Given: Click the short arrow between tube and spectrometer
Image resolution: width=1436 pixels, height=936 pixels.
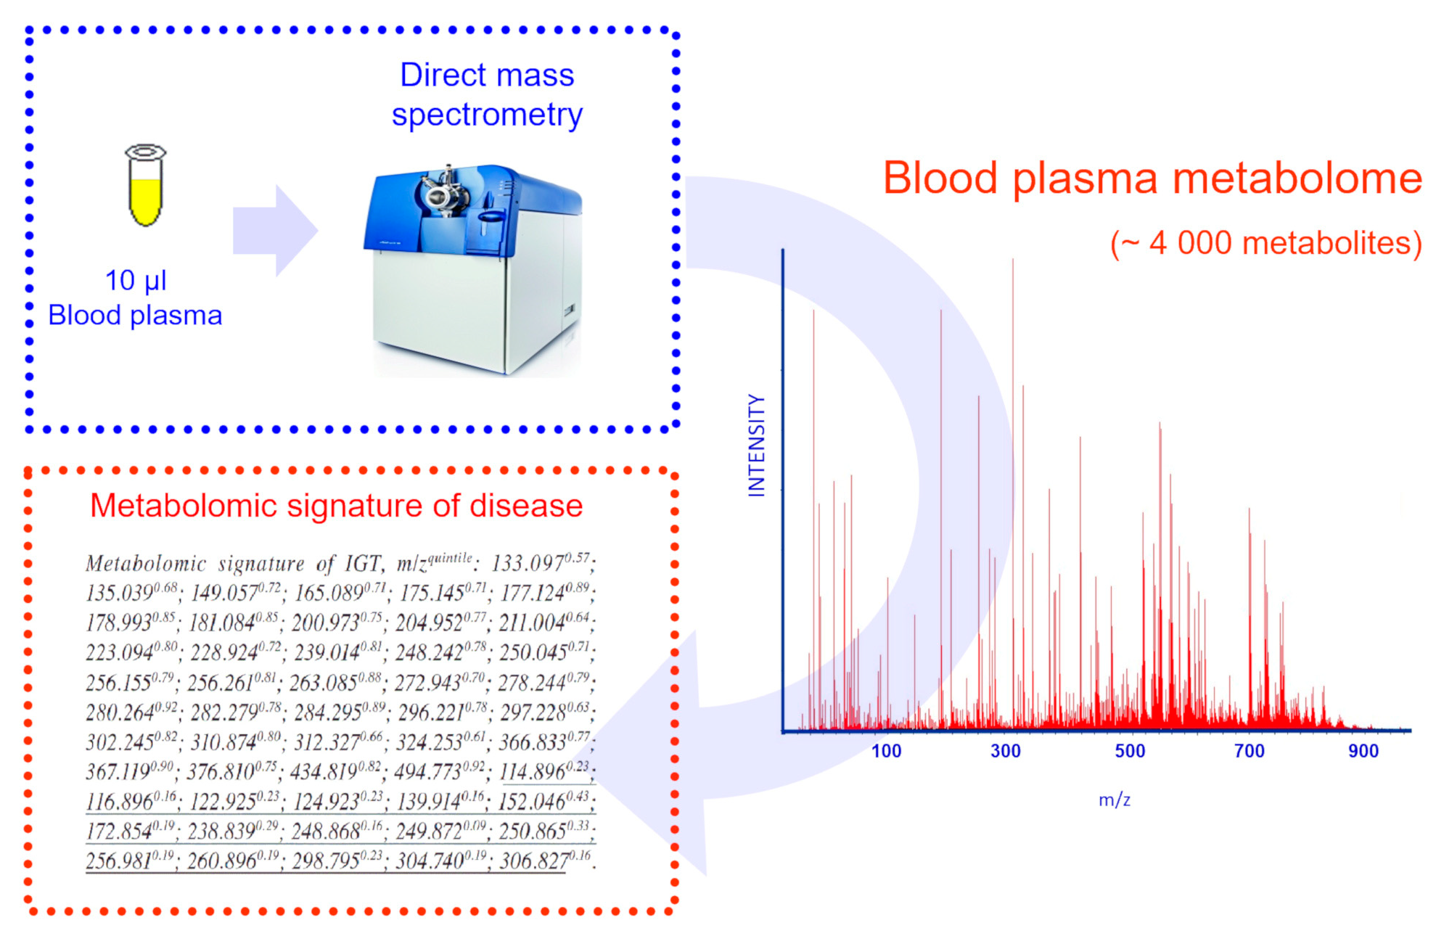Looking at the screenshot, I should [275, 231].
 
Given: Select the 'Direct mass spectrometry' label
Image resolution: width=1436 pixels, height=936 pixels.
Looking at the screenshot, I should [487, 95].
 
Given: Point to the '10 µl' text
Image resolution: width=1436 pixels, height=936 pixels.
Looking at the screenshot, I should [136, 281].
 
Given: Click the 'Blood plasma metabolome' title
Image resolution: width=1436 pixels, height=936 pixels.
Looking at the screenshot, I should [1152, 178].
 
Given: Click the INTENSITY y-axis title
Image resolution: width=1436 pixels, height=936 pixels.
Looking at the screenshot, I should [757, 446].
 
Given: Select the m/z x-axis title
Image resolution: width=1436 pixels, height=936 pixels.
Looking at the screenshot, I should [1115, 800].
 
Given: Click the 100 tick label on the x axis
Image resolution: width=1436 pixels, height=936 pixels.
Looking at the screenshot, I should [886, 751].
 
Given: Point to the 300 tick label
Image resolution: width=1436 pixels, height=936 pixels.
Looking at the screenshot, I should [1006, 751].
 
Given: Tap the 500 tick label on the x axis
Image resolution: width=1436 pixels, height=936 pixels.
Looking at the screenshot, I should [1130, 751].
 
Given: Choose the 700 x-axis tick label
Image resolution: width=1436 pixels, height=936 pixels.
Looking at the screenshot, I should [1250, 751].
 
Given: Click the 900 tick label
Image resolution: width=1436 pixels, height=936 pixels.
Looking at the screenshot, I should [1363, 751].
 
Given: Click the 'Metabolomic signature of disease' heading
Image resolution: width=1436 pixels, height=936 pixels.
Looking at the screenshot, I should [336, 506].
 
